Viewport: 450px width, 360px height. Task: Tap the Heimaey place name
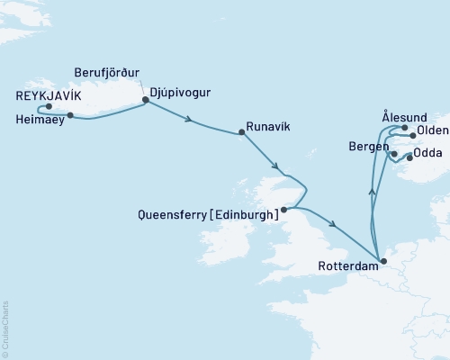point(39,119)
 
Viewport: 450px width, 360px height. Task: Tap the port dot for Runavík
point(241,132)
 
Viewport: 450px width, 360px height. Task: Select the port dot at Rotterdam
point(383,262)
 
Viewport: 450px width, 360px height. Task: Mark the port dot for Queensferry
point(283,210)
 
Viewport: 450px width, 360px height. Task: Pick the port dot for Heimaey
point(70,115)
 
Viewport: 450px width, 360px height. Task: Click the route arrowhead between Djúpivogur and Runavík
point(188,118)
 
